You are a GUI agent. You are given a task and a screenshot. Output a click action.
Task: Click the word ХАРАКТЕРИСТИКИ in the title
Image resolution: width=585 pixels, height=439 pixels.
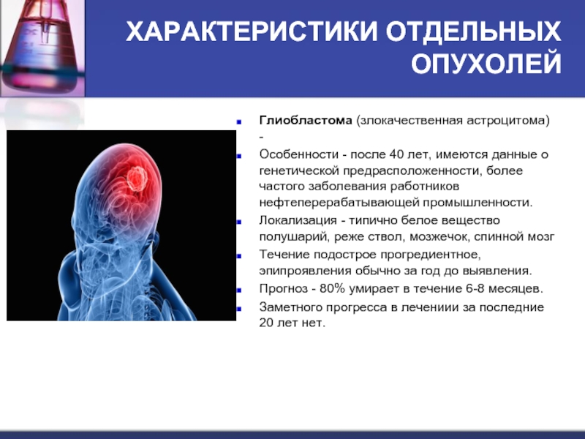click(252, 31)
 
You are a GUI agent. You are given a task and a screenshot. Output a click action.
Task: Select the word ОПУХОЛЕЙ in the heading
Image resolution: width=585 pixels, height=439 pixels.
click(486, 63)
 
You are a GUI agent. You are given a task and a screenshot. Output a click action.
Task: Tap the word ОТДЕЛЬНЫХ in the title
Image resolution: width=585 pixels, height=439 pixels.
click(473, 31)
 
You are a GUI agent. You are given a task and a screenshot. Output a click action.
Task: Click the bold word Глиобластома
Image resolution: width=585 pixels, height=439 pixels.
click(306, 121)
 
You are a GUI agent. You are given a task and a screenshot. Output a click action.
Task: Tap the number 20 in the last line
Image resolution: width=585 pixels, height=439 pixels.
click(266, 323)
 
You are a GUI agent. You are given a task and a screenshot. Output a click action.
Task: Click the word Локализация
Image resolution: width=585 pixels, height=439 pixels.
click(298, 220)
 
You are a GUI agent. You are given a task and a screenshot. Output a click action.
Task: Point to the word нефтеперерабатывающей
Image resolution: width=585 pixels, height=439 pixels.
click(339, 203)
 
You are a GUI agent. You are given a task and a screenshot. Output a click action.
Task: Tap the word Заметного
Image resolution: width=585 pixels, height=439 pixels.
click(290, 307)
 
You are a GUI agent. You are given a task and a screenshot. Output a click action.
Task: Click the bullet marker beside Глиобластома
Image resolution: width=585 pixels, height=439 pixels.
click(239, 122)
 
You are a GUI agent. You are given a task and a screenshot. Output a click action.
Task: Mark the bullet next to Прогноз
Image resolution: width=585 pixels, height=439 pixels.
click(239, 290)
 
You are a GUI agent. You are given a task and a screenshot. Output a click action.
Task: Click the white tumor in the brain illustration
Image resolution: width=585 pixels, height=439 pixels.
click(137, 179)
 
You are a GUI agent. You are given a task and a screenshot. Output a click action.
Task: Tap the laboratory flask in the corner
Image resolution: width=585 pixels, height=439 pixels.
click(42, 47)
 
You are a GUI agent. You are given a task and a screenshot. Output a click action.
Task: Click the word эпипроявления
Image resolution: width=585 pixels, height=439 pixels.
click(306, 271)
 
